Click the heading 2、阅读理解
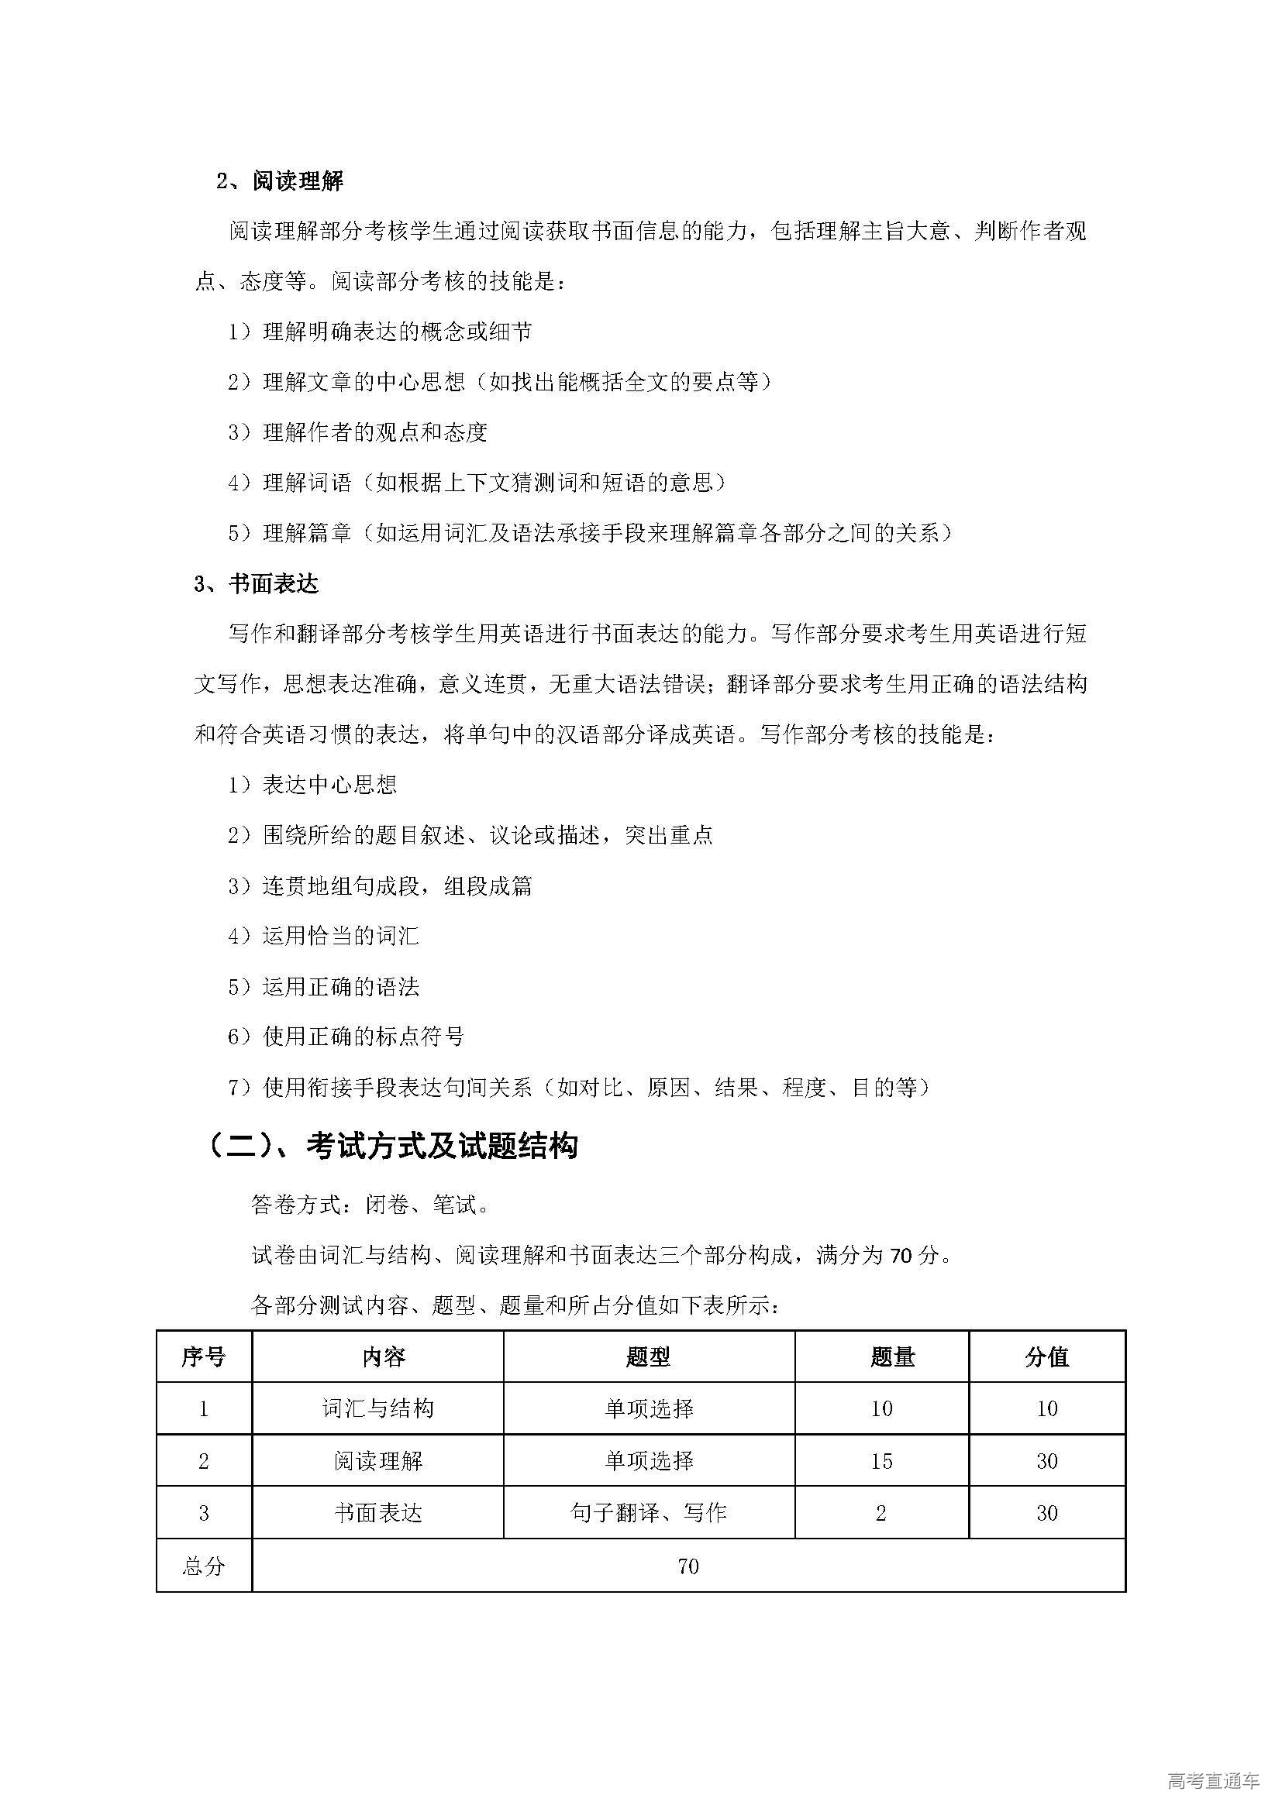[x=280, y=181]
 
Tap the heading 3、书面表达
[x=256, y=583]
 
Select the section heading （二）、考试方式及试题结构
[x=392, y=1146]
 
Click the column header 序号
[x=204, y=1356]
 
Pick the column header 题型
[x=648, y=1356]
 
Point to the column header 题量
[x=893, y=1356]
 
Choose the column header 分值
[x=1046, y=1356]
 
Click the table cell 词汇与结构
[x=377, y=1408]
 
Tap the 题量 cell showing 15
[x=881, y=1461]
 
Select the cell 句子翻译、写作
[x=648, y=1513]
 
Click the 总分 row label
[x=204, y=1566]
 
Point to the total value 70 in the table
[x=688, y=1566]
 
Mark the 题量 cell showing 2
[x=881, y=1513]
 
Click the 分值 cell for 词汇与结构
[x=1046, y=1408]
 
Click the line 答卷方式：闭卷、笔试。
[x=371, y=1205]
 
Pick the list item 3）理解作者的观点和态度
[x=357, y=432]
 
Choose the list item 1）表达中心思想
[x=312, y=785]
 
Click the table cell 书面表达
[x=377, y=1513]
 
